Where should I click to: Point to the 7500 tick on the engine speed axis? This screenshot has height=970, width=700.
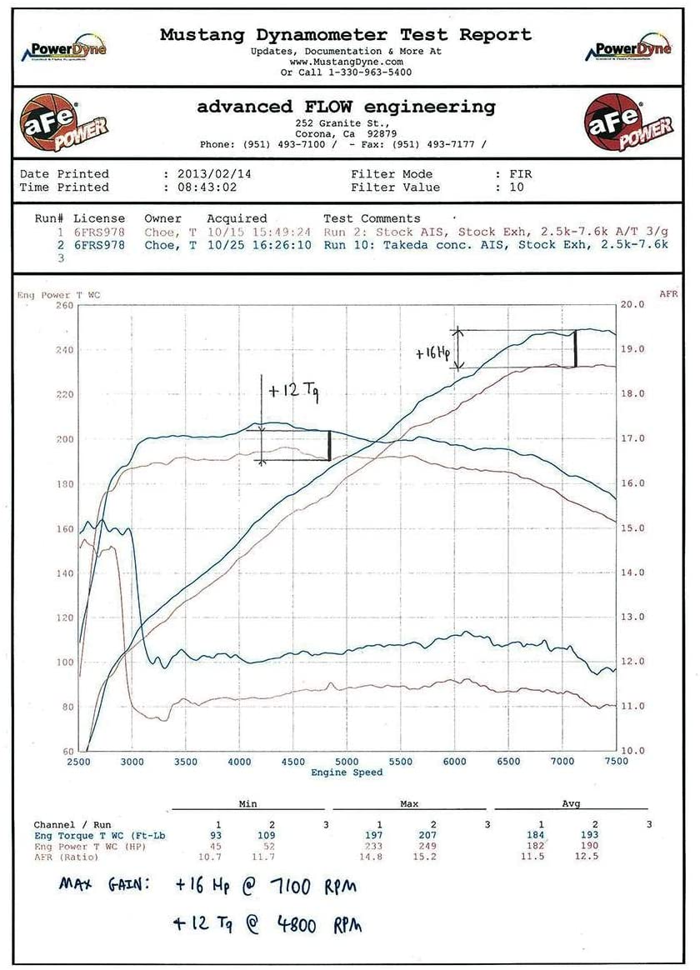coord(615,762)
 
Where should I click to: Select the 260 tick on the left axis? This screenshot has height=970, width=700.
coord(64,306)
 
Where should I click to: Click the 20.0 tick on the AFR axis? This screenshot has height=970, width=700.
coord(632,305)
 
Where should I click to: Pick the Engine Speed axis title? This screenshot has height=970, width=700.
coord(347,772)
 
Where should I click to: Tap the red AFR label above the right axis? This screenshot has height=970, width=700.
coord(669,294)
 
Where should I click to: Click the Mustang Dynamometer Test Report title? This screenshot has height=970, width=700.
coord(345,35)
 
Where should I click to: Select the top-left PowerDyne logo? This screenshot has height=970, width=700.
coord(64,50)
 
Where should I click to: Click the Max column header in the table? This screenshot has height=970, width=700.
coord(409,804)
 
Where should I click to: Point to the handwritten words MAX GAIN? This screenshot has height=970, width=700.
coord(104,884)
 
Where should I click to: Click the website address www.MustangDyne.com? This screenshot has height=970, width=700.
coord(346,62)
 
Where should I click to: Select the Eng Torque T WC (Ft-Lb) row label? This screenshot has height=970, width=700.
coord(92,835)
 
